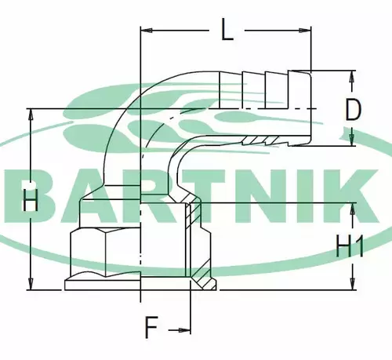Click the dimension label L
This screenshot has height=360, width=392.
[x=227, y=31]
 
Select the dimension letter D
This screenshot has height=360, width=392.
[x=354, y=110]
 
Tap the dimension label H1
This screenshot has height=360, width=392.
[x=350, y=246]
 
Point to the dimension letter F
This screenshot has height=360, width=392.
[x=151, y=327]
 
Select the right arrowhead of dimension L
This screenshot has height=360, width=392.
[x=305, y=31]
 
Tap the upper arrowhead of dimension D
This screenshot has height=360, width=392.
[x=352, y=77]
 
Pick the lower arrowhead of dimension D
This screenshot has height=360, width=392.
[x=352, y=140]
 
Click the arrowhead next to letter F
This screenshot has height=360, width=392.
[x=184, y=330]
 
